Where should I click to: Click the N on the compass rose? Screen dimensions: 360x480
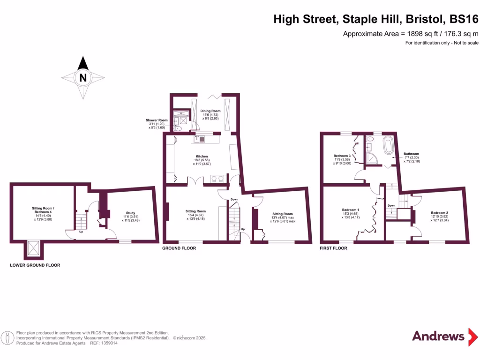[x=83, y=78]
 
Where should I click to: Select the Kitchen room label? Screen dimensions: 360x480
[x=202, y=157]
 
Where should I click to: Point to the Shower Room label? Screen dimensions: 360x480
[x=157, y=120]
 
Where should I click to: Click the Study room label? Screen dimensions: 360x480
[x=130, y=211]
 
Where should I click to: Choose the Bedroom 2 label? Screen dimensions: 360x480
[x=439, y=213]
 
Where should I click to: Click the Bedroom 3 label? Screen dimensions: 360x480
[x=342, y=156]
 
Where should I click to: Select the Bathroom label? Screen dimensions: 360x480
[x=411, y=154]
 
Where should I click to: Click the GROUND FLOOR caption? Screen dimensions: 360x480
[x=179, y=248]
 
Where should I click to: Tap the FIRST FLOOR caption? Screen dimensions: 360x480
[x=333, y=248]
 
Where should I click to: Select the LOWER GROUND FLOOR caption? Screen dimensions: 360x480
[x=35, y=265]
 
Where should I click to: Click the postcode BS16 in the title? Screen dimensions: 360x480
[x=464, y=19]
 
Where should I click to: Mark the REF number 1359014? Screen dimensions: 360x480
[x=107, y=343]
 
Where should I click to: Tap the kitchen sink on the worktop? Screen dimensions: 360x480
[x=198, y=139]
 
